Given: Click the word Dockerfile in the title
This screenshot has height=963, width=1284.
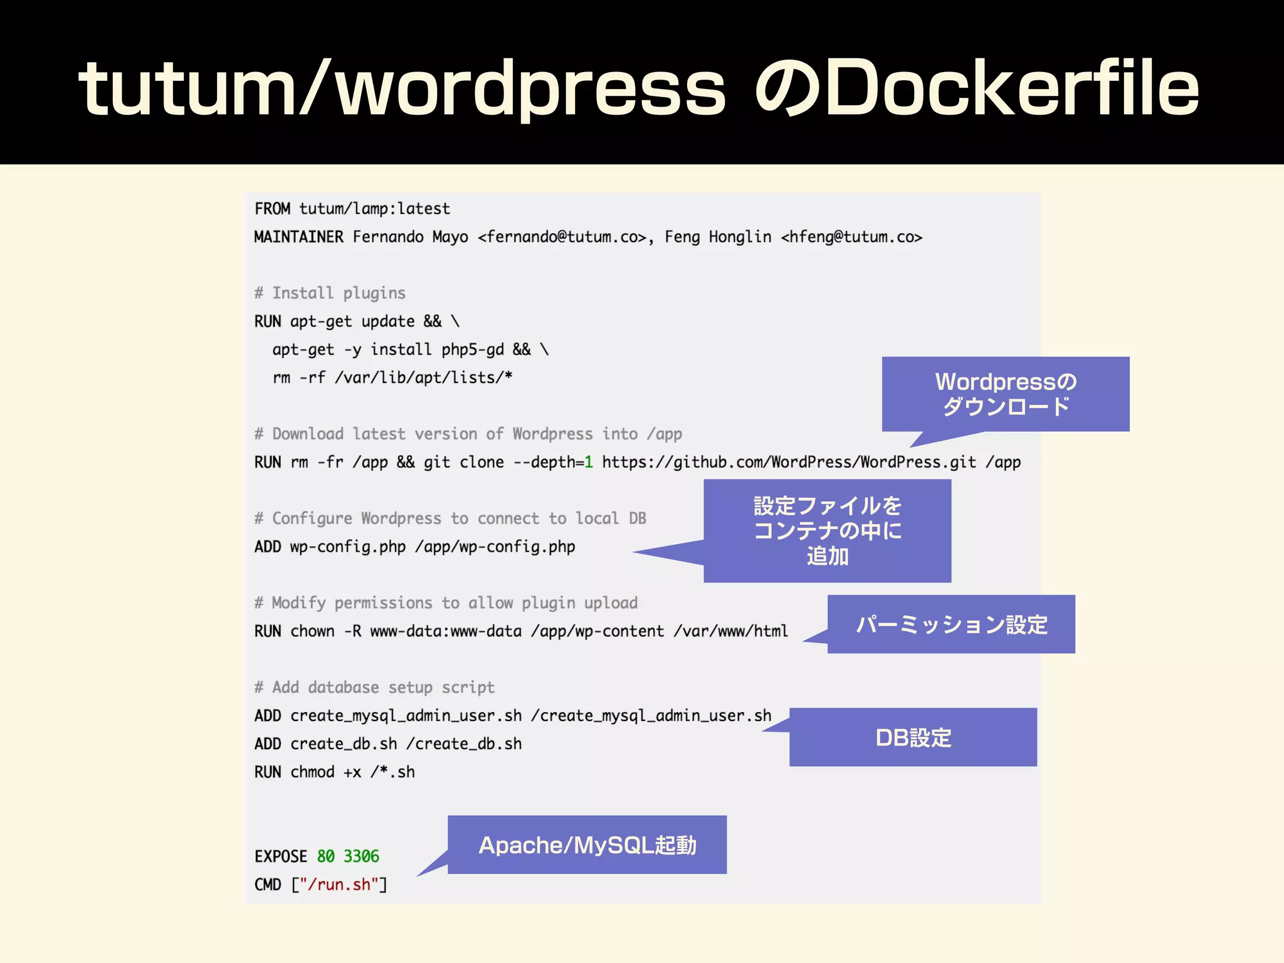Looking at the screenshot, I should click(1011, 88).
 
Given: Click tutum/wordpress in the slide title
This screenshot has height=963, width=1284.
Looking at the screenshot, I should click(401, 88).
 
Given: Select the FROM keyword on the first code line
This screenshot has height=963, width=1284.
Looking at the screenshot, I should click(272, 209).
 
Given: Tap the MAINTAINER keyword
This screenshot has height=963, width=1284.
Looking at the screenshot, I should click(298, 237).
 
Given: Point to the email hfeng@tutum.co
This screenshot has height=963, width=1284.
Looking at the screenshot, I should click(851, 237).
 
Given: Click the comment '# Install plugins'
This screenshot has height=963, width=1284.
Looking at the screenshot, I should click(330, 293).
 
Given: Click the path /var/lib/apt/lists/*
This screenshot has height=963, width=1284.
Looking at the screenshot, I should click(423, 378).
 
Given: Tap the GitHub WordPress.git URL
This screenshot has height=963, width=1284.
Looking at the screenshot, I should click(789, 463).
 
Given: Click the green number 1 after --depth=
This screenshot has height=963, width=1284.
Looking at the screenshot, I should click(588, 463).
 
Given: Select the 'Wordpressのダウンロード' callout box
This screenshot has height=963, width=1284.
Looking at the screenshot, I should click(1005, 394).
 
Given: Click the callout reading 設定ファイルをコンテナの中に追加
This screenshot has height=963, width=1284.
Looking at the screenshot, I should click(827, 530).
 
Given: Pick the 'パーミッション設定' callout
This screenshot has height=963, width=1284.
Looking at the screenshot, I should click(951, 624).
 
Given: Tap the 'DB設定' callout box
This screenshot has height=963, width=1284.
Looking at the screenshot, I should click(913, 737).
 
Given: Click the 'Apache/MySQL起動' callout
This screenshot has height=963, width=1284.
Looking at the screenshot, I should click(587, 845).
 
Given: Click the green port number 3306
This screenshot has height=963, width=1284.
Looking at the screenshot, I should click(361, 856).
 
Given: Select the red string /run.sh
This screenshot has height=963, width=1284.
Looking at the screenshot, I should click(339, 885).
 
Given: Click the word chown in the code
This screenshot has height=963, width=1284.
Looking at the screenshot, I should click(312, 631).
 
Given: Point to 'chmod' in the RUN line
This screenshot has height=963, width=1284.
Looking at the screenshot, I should click(312, 772).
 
